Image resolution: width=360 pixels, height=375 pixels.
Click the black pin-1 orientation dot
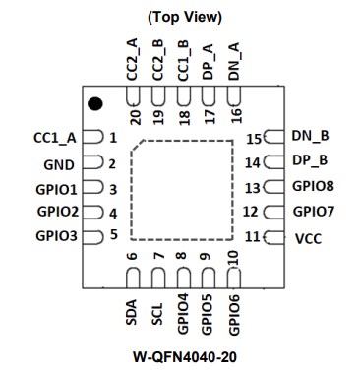(94, 103)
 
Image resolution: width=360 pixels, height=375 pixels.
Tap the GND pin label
(59, 163)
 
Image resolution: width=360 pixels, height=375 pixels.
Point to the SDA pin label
(132, 313)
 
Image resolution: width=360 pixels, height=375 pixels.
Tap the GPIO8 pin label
(315, 186)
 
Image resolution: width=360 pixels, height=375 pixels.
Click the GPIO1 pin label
(56, 188)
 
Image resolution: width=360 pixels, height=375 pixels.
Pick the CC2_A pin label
(132, 59)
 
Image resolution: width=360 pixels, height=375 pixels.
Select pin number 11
(253, 237)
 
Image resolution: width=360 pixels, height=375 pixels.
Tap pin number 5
(113, 235)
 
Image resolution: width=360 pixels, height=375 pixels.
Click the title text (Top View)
(183, 17)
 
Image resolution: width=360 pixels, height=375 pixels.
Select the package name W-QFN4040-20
(183, 355)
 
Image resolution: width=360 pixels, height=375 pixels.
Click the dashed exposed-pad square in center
(182, 189)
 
